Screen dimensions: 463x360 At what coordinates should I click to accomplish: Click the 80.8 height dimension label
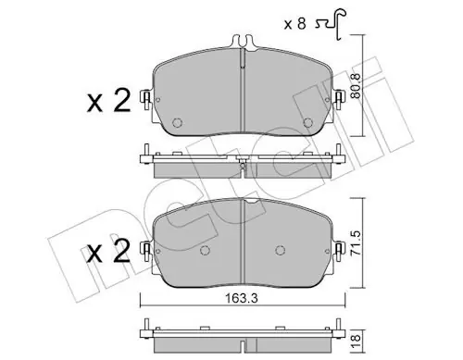point(356,86)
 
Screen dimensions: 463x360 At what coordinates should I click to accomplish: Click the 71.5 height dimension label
point(356,242)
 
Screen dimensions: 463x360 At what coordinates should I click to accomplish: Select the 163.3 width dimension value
point(241,299)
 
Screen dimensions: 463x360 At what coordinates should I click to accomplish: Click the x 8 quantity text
point(295,24)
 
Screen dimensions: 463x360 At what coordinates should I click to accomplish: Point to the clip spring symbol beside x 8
point(332,23)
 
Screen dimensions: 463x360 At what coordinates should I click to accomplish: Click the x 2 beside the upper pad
point(108,102)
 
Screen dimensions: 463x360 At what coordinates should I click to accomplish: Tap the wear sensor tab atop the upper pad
point(243,43)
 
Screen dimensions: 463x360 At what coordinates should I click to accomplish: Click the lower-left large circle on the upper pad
point(177,123)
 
